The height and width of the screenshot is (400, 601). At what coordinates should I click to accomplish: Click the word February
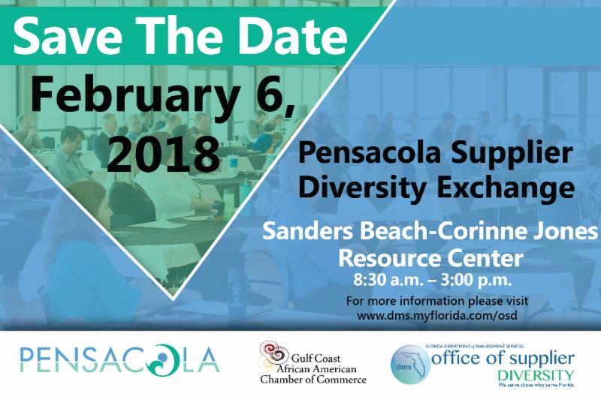coord(136,94)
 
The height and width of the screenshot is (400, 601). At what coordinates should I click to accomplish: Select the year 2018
coord(163,155)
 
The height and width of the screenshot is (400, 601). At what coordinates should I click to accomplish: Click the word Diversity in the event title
coord(362,188)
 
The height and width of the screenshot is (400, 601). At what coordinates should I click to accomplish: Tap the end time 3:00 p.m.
coord(476,280)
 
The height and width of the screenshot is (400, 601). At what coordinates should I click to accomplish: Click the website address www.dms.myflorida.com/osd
coord(437,316)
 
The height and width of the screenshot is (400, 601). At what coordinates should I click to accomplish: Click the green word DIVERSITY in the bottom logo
coord(536,374)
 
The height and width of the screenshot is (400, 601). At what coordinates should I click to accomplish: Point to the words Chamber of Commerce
coord(313,379)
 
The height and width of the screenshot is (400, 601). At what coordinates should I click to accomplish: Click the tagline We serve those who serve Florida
coord(536,384)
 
